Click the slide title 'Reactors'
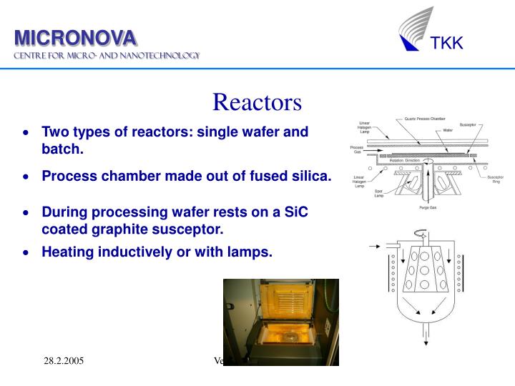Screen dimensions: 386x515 [257, 102]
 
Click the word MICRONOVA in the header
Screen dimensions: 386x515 [77, 37]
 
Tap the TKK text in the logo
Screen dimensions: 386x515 [446, 44]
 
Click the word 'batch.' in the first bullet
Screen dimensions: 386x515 [63, 149]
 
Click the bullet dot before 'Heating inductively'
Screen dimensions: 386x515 [26, 252]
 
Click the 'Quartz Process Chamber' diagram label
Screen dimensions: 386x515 [424, 118]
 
